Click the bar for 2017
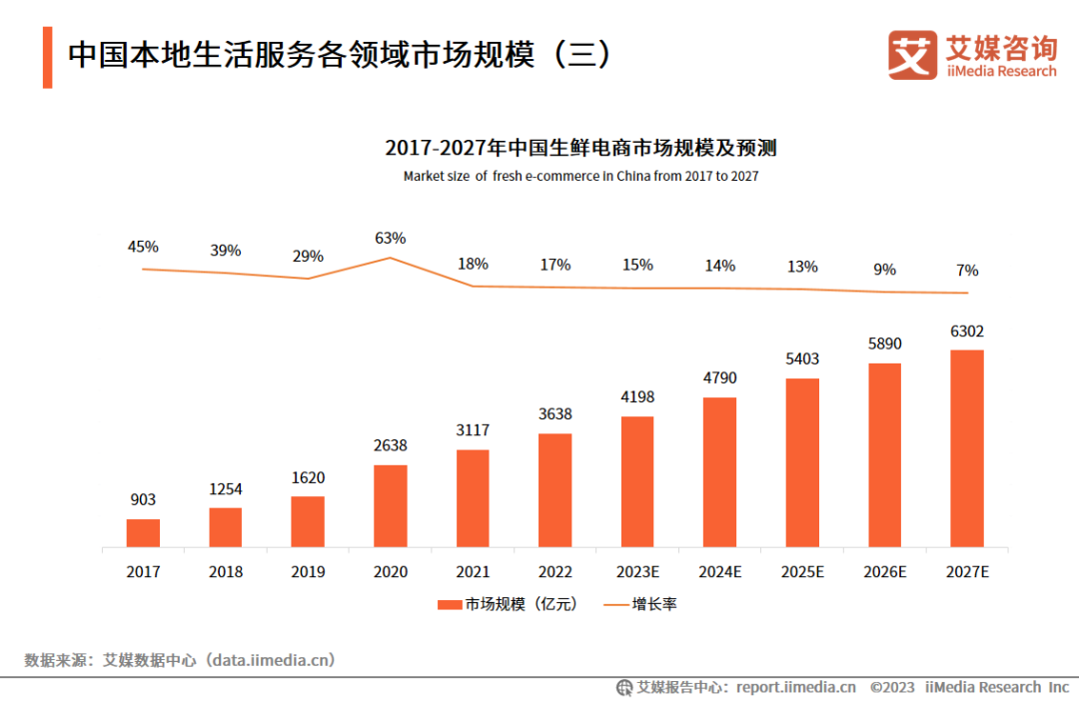pyautogui.click(x=143, y=533)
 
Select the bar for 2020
pyautogui.click(x=391, y=506)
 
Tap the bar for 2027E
pyautogui.click(x=967, y=448)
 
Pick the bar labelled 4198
pyautogui.click(x=637, y=481)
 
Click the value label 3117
pyautogui.click(x=473, y=430)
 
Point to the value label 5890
pyautogui.click(x=884, y=344)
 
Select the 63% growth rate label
pyautogui.click(x=391, y=238)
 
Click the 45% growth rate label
pyautogui.click(x=143, y=247)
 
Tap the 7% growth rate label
pyautogui.click(x=967, y=271)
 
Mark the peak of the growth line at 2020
pyautogui.click(x=391, y=258)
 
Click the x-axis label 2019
pyautogui.click(x=308, y=571)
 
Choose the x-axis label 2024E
pyautogui.click(x=719, y=571)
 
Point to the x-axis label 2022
pyautogui.click(x=555, y=571)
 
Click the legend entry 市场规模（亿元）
pyautogui.click(x=508, y=604)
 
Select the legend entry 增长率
pyautogui.click(x=640, y=604)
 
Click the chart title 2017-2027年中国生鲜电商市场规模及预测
pyautogui.click(x=580, y=148)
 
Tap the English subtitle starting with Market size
pyautogui.click(x=580, y=176)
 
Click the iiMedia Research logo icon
pyautogui.click(x=912, y=54)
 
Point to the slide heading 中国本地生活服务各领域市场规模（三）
pyautogui.click(x=340, y=55)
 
